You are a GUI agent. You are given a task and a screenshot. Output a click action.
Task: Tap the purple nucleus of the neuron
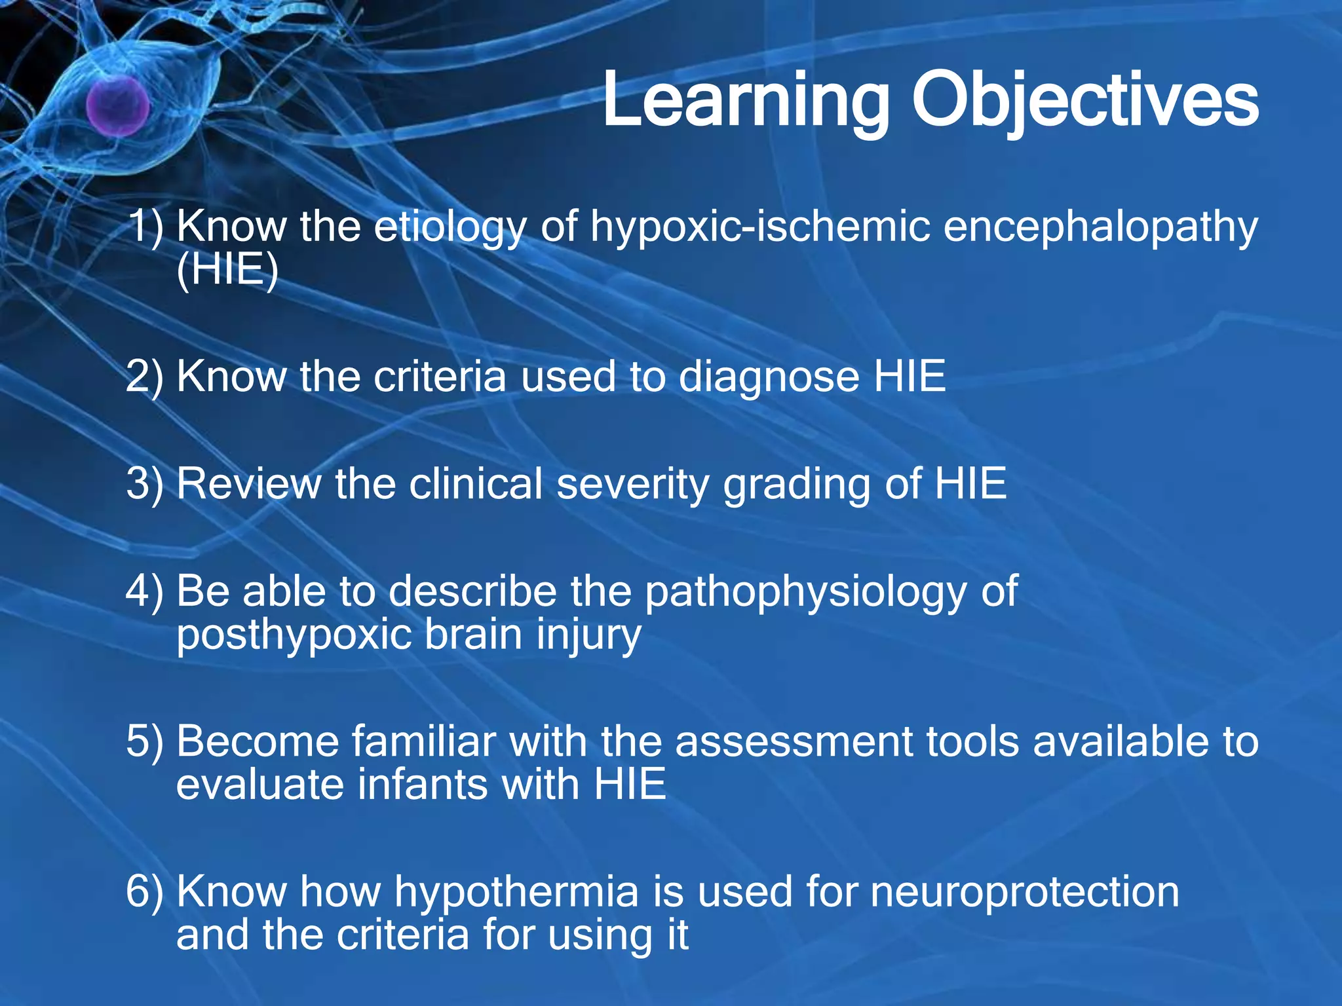pos(117,105)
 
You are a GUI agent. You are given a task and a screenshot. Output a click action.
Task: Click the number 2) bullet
pos(144,377)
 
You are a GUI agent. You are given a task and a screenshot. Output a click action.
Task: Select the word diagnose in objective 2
pos(769,377)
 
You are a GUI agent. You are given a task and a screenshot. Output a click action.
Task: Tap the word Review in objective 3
pos(248,484)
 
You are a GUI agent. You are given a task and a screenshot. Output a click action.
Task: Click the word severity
pos(632,485)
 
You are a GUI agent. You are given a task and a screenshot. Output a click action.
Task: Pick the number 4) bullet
pos(144,591)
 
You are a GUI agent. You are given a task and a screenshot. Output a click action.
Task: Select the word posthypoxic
pos(292,635)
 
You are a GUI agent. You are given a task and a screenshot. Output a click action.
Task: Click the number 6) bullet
pos(144,892)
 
